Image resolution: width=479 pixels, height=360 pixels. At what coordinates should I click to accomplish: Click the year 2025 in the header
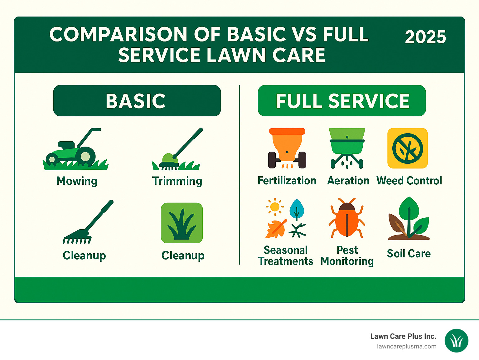425,37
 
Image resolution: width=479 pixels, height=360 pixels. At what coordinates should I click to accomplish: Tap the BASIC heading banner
137,101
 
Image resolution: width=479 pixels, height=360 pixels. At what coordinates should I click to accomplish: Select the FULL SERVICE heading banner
342,101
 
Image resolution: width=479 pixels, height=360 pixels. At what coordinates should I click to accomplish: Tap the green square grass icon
182,223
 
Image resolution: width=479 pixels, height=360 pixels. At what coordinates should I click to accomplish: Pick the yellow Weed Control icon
407,148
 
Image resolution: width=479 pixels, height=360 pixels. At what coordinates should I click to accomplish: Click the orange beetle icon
347,218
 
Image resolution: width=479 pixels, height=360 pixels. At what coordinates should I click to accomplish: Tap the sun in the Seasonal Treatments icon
275,207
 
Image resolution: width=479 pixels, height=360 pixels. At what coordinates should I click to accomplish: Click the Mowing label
77,181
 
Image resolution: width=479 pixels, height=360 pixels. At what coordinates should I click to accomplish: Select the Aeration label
348,181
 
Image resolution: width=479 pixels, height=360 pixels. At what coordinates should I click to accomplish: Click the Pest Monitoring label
347,256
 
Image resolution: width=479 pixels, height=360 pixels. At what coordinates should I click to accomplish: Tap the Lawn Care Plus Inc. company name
403,336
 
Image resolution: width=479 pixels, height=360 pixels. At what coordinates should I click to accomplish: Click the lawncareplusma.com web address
406,347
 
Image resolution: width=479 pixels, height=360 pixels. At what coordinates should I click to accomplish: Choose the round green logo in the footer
457,341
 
